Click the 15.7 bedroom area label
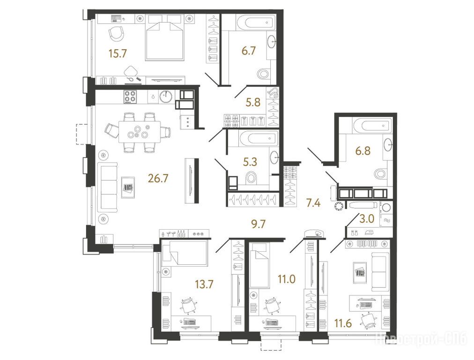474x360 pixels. pyautogui.click(x=118, y=53)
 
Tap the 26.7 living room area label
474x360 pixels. pyautogui.click(x=158, y=179)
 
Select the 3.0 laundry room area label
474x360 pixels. pyautogui.click(x=367, y=218)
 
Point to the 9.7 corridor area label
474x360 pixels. pyautogui.click(x=259, y=224)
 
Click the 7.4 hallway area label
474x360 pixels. pyautogui.click(x=313, y=202)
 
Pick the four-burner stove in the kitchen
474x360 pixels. pyautogui.click(x=129, y=97)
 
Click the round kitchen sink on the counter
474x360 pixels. pyautogui.click(x=166, y=97)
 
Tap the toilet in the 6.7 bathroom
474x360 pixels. pyautogui.click(x=264, y=74)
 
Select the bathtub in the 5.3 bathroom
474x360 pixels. pyautogui.click(x=258, y=139)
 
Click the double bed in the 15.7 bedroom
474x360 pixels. pyautogui.click(x=165, y=37)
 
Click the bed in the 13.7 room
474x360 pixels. pyautogui.click(x=185, y=254)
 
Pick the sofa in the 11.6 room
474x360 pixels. pyautogui.click(x=379, y=272)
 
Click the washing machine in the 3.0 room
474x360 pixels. pyautogui.click(x=386, y=208)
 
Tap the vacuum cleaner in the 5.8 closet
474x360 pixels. pyautogui.click(x=274, y=92)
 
